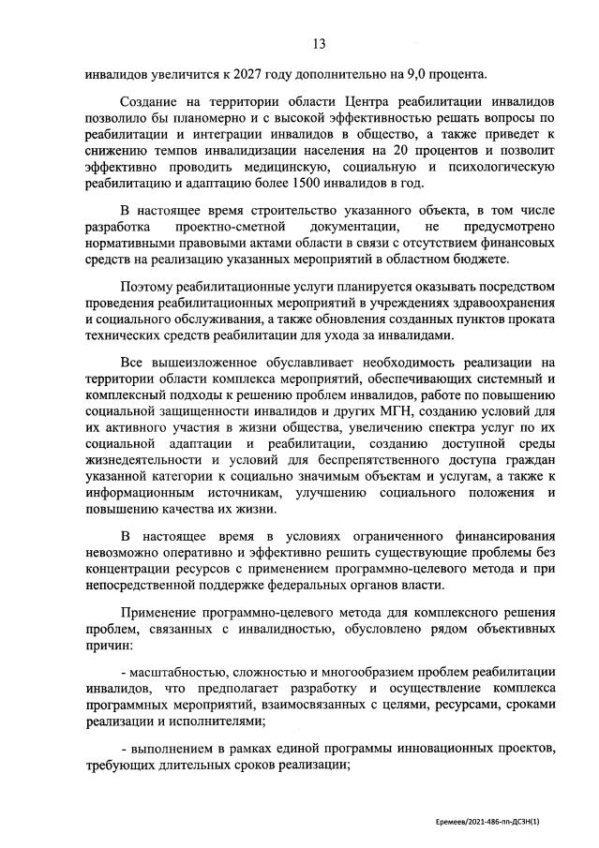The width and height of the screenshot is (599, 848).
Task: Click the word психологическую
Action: pyautogui.click(x=501, y=166)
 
